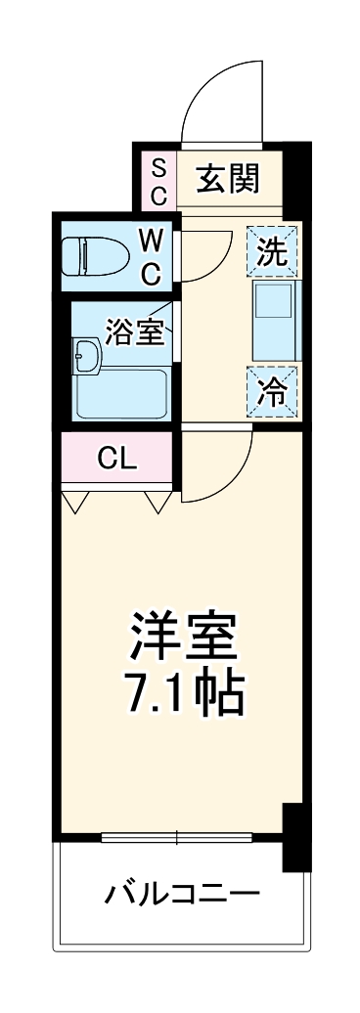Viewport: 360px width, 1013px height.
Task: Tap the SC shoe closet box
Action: point(158,180)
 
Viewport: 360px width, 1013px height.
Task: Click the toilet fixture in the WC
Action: point(95,257)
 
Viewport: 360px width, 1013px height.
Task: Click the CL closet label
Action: point(117,457)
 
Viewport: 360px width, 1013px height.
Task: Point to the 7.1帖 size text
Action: point(183,692)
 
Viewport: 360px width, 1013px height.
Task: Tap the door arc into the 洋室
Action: point(220,465)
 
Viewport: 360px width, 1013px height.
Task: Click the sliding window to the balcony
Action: point(177,837)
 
